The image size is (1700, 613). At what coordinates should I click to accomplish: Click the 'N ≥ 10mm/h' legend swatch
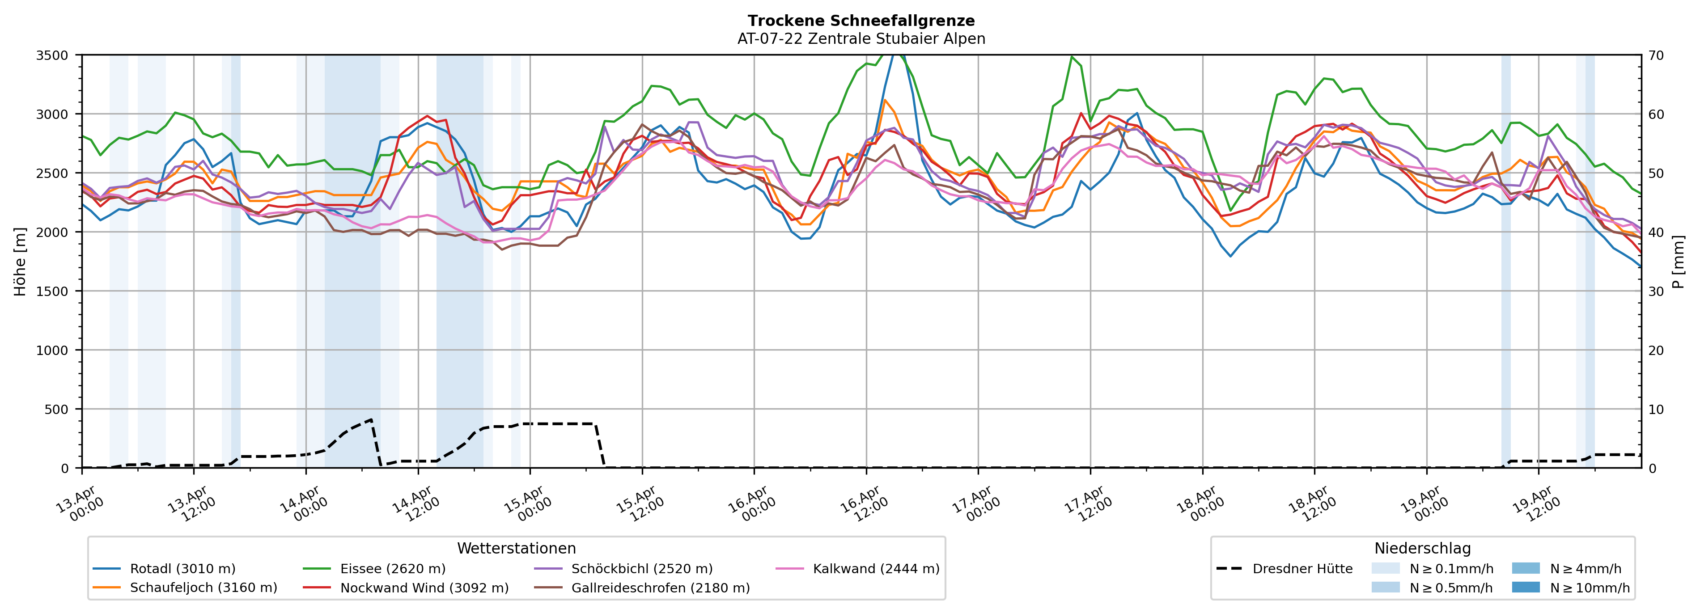[1526, 587]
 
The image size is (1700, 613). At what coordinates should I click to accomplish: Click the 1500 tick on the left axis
[52, 291]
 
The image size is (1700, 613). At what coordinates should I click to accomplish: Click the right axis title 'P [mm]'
[1679, 261]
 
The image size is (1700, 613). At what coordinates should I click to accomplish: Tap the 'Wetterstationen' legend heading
[516, 548]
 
